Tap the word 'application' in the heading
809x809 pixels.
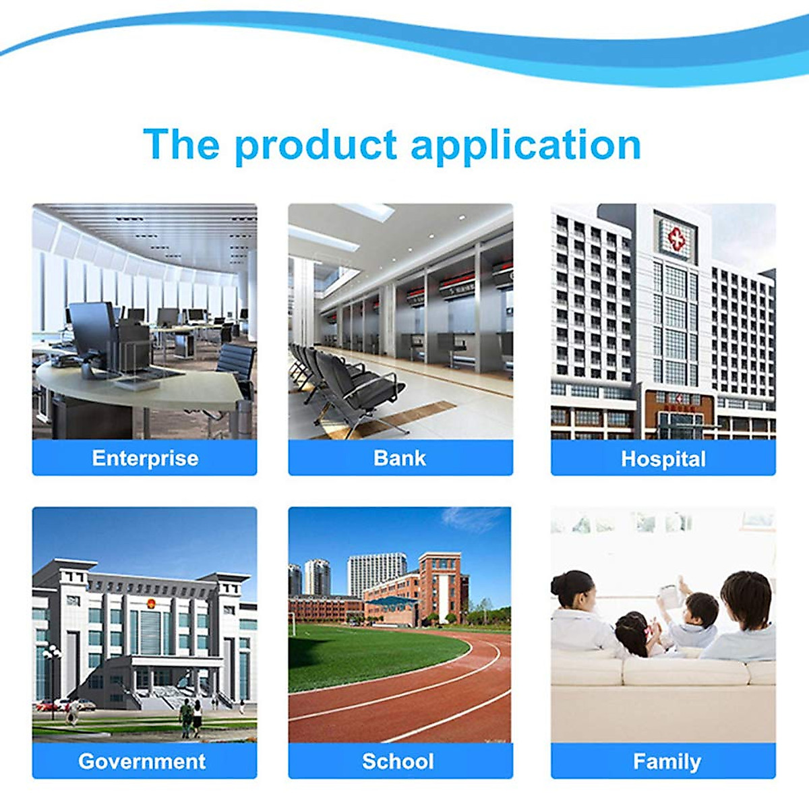tap(526, 145)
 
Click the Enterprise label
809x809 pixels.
tap(145, 458)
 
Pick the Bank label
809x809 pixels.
tap(400, 458)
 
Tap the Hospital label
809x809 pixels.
tap(663, 459)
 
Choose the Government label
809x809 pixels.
tap(142, 750)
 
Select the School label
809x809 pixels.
tap(398, 750)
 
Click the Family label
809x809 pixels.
tap(667, 750)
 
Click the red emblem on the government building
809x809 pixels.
tap(150, 603)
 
